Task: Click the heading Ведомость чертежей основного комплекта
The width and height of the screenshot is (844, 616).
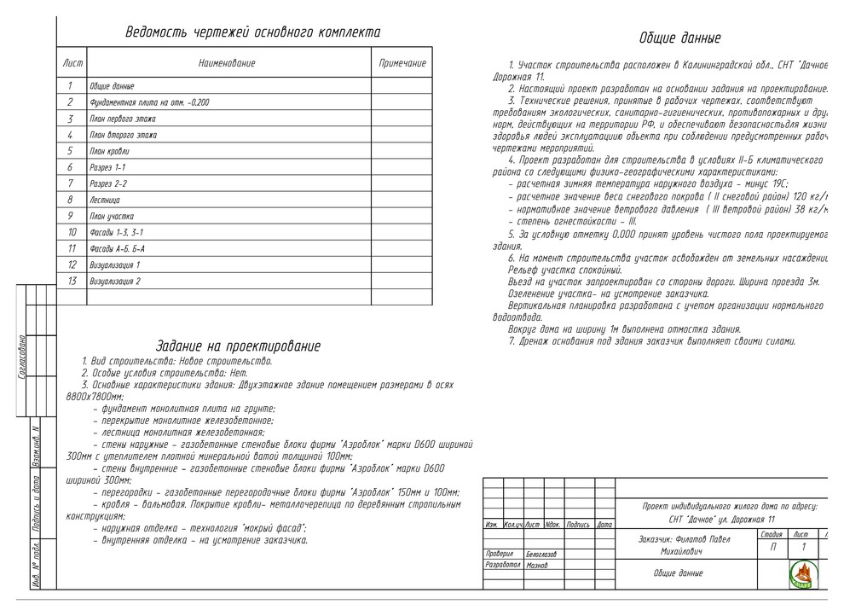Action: click(252, 32)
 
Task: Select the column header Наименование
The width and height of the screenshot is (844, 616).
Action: click(227, 64)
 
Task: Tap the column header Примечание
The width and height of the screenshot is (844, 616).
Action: click(402, 64)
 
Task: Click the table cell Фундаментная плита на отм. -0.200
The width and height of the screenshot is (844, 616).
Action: click(149, 102)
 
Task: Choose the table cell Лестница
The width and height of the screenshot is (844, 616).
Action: click(107, 200)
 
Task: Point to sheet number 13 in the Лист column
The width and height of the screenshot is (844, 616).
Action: click(72, 281)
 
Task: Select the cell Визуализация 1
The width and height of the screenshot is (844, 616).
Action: click(115, 264)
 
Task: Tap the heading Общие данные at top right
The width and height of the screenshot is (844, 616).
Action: click(679, 38)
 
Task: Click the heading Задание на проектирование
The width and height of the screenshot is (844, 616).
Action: click(238, 346)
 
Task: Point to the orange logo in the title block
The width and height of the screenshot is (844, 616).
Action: click(805, 576)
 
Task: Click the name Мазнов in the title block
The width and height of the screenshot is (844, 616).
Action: click(537, 566)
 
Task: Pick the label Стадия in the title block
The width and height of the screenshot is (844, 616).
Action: click(771, 534)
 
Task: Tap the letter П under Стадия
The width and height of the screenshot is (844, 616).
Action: click(772, 548)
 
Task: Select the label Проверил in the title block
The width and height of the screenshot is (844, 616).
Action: click(499, 554)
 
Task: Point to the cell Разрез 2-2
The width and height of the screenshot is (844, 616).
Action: click(108, 183)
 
